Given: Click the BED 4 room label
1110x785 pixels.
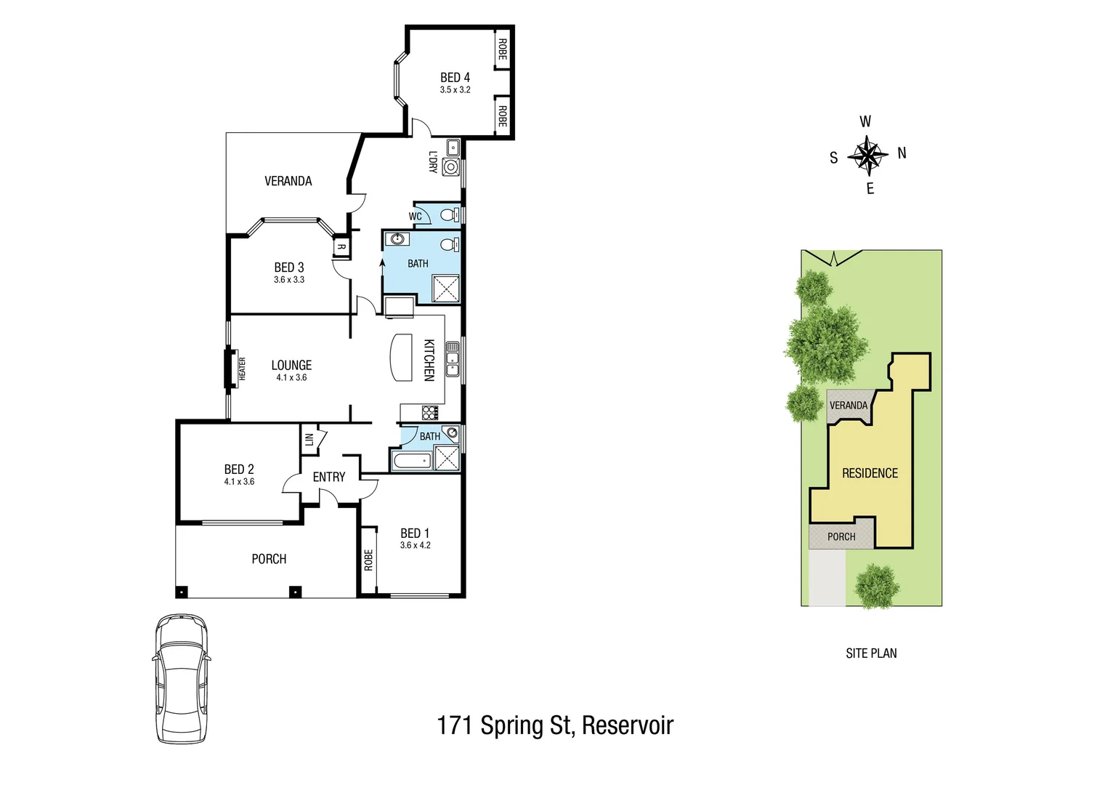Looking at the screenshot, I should (455, 77).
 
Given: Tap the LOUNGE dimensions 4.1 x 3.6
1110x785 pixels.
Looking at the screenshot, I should (291, 378).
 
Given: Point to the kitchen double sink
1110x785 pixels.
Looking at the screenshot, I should (453, 359).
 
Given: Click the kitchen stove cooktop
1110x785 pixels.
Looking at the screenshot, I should (430, 413).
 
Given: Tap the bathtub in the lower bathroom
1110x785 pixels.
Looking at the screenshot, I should (411, 461).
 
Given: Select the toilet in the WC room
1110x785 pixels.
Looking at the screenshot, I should (450, 215).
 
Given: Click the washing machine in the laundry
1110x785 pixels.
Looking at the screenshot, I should (451, 167).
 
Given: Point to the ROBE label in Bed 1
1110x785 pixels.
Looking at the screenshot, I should (368, 560).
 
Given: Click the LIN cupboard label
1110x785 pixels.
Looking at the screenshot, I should (309, 440).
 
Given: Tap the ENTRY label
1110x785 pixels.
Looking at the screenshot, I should (329, 477).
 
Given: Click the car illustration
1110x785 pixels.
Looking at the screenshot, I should (182, 678).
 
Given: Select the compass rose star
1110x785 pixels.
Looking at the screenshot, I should (868, 155).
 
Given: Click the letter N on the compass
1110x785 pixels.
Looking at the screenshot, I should (902, 153).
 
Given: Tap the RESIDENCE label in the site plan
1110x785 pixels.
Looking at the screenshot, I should (870, 473).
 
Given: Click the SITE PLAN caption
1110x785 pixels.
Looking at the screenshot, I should (871, 653).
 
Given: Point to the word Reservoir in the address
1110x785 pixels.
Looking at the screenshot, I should (628, 725).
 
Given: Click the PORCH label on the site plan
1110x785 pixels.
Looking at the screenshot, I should (841, 536).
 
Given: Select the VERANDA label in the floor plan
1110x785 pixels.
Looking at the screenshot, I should (288, 181).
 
